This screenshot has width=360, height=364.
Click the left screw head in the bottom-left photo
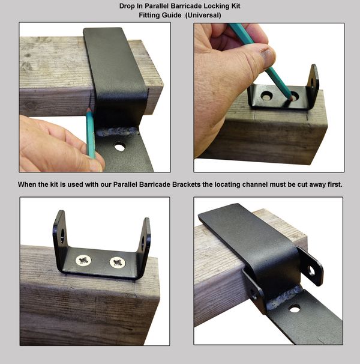[x=83, y=261]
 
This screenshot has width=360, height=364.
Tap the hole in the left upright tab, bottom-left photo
[x=61, y=235]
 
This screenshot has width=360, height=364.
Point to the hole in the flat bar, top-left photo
[x=119, y=146]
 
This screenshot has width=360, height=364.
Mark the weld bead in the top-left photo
[x=119, y=130]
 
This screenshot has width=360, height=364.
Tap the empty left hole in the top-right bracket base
[x=266, y=96]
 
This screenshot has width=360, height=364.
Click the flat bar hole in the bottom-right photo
[x=295, y=308]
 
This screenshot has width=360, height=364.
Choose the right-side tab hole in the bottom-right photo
[x=311, y=271]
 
